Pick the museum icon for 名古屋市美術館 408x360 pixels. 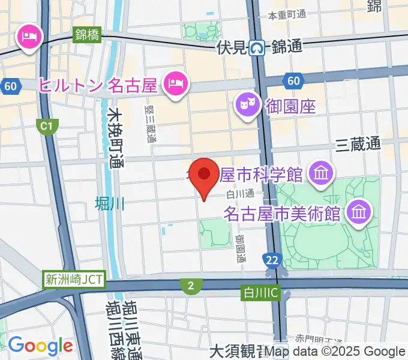pos(359,212)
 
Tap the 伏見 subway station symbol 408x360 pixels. pos(257,46)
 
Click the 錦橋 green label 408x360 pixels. pos(88,34)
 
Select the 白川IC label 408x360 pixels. pos(259,292)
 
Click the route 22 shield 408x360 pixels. pos(272,259)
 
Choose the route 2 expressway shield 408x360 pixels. pos(190,286)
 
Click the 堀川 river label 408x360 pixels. pos(109,204)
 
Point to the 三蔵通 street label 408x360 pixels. pos(358,144)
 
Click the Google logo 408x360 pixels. pos(40,346)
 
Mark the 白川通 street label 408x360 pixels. pos(241,193)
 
